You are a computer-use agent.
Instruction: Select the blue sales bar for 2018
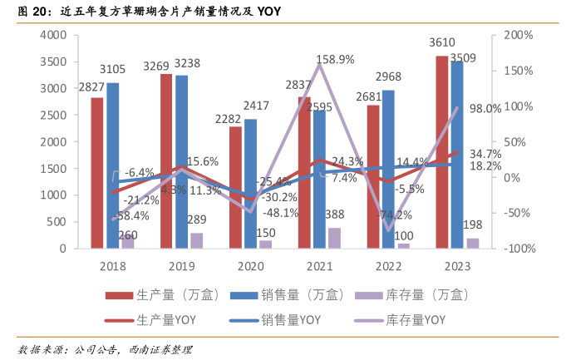tap(112, 166)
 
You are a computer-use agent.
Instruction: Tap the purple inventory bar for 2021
tap(334, 238)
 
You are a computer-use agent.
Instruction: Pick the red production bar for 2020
tap(236, 187)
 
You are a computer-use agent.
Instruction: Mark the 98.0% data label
tap(485, 108)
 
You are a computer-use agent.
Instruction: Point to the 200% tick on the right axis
tap(518, 35)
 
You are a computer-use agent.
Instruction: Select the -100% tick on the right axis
tap(516, 248)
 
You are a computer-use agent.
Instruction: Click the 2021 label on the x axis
tap(319, 267)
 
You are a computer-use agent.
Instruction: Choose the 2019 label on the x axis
tap(180, 267)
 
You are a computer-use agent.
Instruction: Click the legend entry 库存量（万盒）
tap(426, 294)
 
